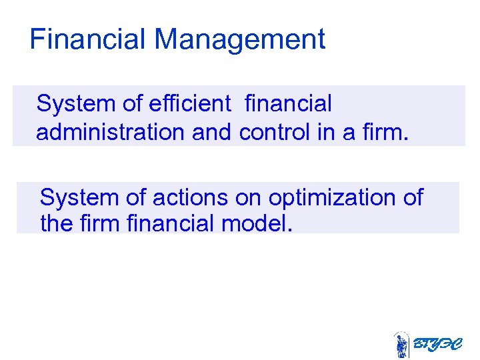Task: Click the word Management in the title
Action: click(240, 39)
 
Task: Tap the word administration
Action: click(111, 132)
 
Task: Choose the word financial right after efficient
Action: click(288, 104)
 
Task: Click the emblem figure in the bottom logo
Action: click(401, 345)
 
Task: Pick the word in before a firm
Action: click(326, 132)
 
